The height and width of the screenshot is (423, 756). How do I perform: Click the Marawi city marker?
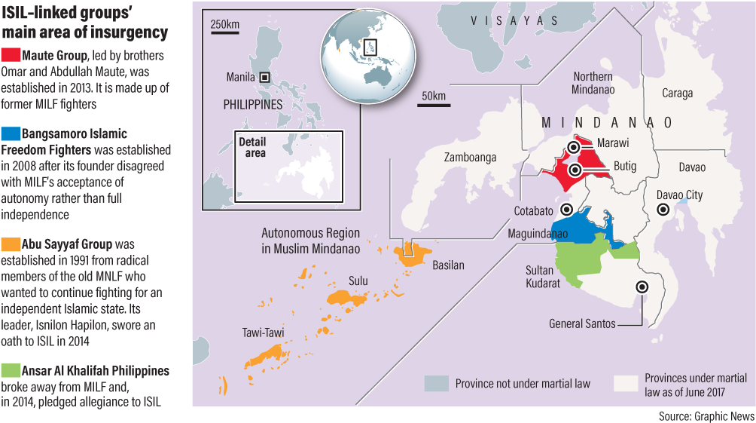[x=574, y=148]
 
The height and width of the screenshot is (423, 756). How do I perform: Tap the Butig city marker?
[x=574, y=170]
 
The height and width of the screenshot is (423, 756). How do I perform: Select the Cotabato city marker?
[x=567, y=210]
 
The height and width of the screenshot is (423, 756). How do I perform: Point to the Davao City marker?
[x=663, y=210]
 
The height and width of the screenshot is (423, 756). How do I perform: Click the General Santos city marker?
[x=642, y=287]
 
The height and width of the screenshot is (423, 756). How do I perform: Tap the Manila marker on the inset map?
[x=264, y=77]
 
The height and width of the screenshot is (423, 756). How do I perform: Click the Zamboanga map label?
[x=470, y=158]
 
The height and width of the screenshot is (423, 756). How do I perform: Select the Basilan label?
[x=448, y=265]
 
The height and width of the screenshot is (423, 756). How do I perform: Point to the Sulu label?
[x=358, y=281]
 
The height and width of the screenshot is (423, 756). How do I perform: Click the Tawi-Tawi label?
[x=264, y=333]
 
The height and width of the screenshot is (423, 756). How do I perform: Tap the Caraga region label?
[x=677, y=93]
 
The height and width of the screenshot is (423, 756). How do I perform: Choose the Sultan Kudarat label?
[x=543, y=276]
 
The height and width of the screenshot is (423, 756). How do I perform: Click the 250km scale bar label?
[x=224, y=24]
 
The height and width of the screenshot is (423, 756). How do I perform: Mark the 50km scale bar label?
[x=434, y=96]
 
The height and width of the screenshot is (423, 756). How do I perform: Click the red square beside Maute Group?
[x=11, y=56]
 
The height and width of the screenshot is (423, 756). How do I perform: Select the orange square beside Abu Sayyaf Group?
[x=11, y=245]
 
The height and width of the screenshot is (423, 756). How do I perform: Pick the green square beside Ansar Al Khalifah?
[x=11, y=371]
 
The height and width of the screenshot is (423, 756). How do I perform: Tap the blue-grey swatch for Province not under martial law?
[x=436, y=383]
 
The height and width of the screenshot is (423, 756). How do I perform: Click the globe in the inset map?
[x=367, y=57]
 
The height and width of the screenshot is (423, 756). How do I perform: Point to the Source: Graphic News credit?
[x=706, y=416]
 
